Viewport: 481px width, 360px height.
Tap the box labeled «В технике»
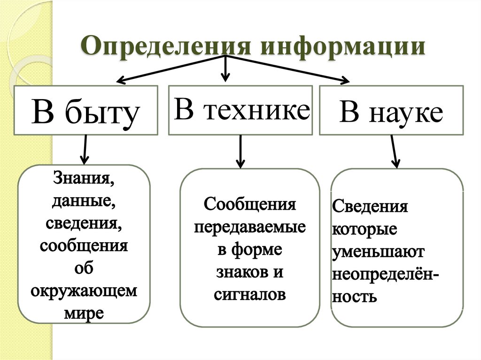240,109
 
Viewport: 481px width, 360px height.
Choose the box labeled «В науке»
391,111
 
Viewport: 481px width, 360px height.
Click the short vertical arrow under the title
226,68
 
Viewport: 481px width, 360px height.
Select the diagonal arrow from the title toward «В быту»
169,69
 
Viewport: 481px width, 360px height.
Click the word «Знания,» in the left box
85,179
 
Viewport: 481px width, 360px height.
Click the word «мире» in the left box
85,313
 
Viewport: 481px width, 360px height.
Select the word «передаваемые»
250,228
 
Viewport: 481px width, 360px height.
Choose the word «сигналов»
250,294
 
